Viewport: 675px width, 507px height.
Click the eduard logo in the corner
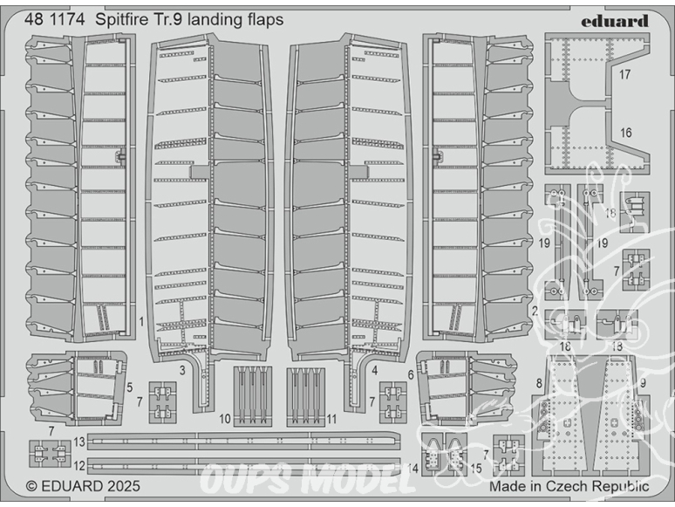pos(614,22)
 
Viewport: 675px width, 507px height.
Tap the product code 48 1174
pos(55,20)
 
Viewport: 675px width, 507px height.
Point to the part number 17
pos(624,74)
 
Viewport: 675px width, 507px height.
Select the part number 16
pos(625,133)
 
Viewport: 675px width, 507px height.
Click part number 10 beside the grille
pos(225,419)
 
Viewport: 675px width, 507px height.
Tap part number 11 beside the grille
pos(331,419)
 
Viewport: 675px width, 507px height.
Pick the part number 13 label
pos(79,442)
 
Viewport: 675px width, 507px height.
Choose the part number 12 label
pos(79,466)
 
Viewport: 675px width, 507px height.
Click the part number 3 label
pos(182,370)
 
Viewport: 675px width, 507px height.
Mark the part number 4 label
pos(374,370)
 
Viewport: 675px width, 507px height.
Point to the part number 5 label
pos(130,387)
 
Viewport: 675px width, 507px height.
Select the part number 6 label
pos(411,375)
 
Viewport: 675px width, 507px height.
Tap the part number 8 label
pos(539,383)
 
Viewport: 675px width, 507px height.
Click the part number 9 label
pos(643,383)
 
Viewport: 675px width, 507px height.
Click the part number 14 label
pos(412,469)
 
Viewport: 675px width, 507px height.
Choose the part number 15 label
pos(476,469)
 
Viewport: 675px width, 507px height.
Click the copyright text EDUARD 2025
pos(83,486)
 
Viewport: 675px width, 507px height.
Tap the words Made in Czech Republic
pos(569,487)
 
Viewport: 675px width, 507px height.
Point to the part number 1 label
pos(141,321)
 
